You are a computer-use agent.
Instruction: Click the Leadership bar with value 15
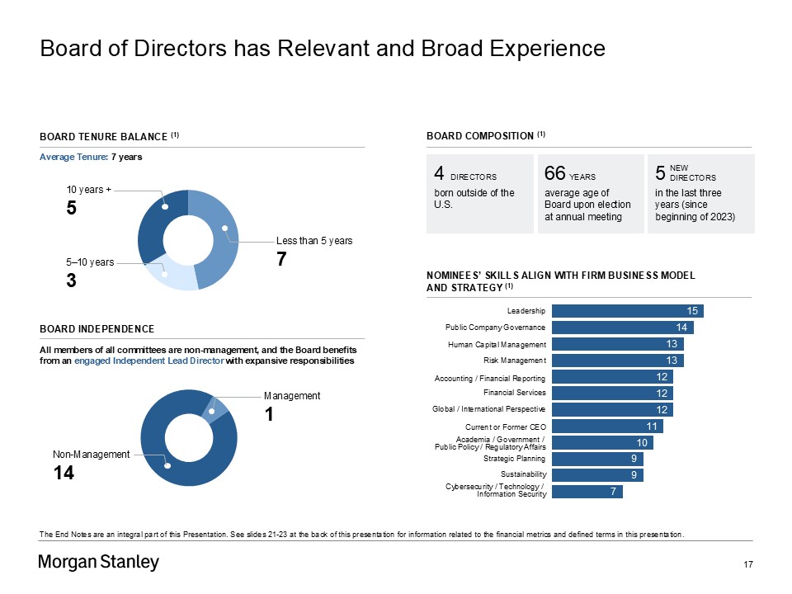(627, 310)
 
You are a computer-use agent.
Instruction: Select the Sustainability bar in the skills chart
(597, 474)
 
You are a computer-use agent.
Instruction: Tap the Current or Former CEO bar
(607, 426)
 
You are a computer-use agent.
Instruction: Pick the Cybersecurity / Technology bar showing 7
(587, 492)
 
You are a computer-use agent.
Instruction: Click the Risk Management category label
(515, 361)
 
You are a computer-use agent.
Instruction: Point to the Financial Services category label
(515, 393)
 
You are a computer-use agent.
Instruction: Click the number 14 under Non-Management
(64, 473)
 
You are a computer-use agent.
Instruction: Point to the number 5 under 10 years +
(72, 209)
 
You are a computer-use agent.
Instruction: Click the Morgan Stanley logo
(99, 563)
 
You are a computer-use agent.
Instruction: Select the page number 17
(749, 564)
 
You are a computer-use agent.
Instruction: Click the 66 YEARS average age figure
(570, 174)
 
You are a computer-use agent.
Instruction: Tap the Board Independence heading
(97, 329)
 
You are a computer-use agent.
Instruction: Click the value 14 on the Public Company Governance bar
(681, 328)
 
